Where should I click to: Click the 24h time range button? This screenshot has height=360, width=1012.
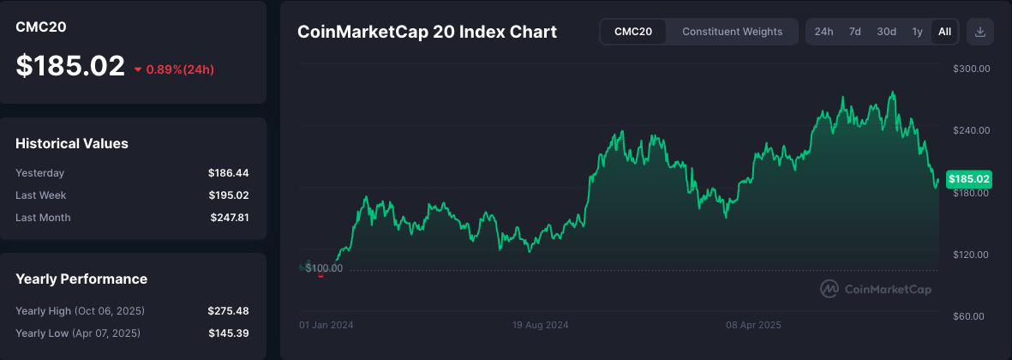point(823,32)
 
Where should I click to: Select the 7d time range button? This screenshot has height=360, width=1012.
point(854,32)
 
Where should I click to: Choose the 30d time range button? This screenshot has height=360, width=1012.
point(886,32)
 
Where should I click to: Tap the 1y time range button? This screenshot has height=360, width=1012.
point(917,32)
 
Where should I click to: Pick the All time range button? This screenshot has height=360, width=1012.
point(944,32)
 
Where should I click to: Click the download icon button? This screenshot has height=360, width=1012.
point(980,32)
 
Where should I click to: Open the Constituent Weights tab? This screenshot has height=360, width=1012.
point(732,32)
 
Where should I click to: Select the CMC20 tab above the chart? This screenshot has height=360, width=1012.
point(632,32)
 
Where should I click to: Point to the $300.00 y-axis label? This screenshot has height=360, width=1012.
point(972,69)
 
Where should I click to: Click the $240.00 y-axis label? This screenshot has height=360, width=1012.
point(972,130)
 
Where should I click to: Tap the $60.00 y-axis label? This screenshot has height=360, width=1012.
point(973,316)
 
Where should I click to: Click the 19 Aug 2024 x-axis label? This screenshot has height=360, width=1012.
point(541,326)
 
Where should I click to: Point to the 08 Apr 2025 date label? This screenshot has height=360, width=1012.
point(753,326)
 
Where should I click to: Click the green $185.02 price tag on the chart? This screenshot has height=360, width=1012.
point(968,179)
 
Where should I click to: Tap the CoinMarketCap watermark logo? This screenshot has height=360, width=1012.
point(876,289)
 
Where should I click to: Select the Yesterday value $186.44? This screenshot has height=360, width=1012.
point(228,173)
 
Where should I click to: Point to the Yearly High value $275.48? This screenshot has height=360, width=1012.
point(228,310)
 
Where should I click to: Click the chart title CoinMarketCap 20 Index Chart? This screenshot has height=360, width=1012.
point(427,33)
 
